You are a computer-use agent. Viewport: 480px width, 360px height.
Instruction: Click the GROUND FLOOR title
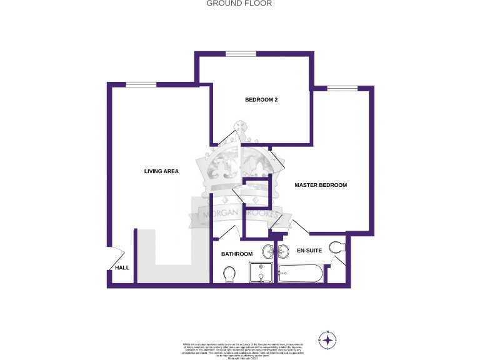(239, 3)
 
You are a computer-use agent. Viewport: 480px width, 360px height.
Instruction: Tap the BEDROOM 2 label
(261, 99)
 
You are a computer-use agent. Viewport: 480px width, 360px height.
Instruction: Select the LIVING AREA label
(161, 171)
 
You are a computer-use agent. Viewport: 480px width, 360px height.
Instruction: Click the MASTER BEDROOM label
(321, 185)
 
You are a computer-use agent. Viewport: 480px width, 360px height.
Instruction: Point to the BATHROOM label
(237, 254)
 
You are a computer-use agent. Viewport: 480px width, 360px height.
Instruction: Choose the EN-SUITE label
(309, 251)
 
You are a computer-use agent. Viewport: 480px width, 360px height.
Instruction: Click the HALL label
(122, 268)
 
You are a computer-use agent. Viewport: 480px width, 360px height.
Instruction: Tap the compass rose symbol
(327, 339)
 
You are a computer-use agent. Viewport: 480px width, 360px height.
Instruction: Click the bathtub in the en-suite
(301, 273)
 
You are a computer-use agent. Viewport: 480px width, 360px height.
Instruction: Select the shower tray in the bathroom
(261, 273)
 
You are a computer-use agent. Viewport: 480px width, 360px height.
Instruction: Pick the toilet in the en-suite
(337, 247)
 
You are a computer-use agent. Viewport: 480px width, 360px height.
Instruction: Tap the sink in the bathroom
(268, 252)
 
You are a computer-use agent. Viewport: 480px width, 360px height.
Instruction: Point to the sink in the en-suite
(282, 252)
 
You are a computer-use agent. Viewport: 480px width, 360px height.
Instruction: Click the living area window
(141, 84)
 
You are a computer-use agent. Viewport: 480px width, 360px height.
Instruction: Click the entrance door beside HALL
(117, 257)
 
